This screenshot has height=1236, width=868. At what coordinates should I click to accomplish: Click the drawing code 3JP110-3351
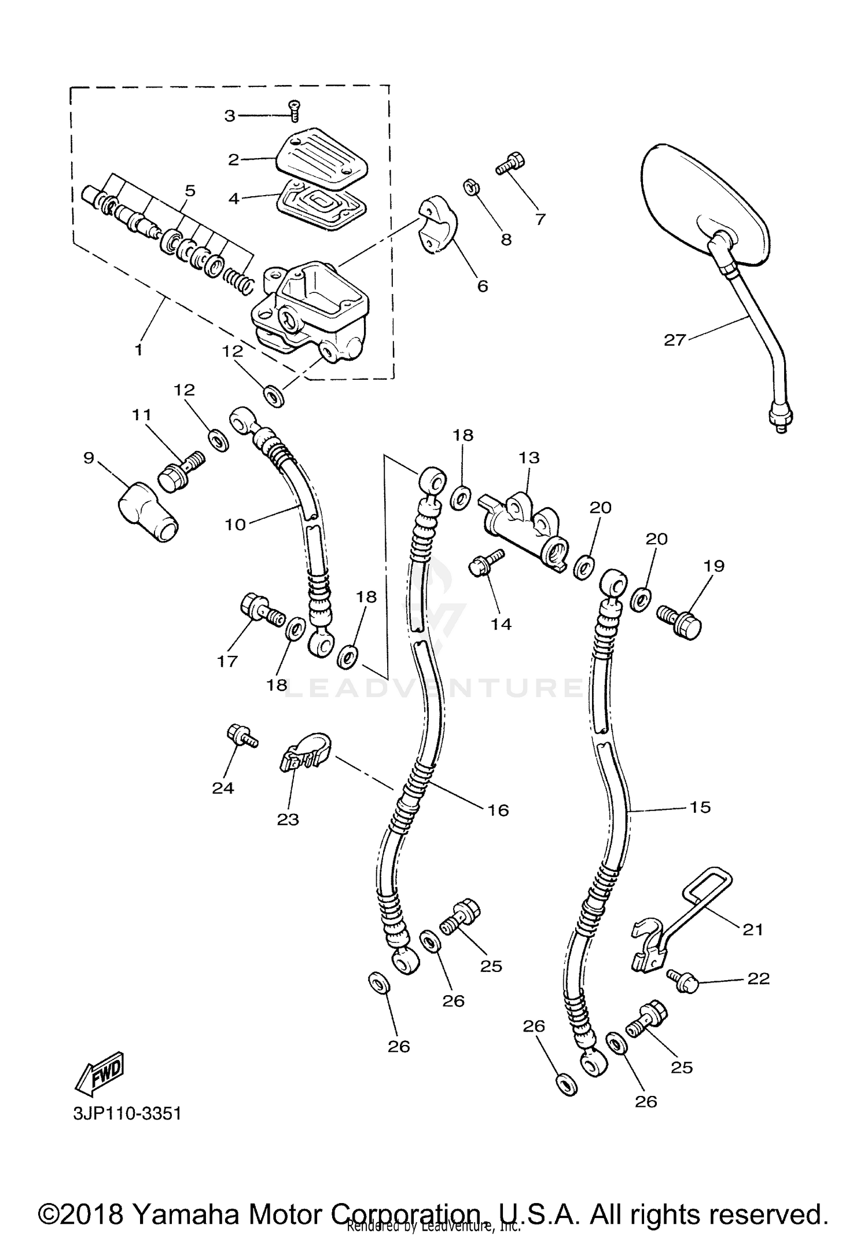127,1113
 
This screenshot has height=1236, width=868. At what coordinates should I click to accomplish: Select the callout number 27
674,340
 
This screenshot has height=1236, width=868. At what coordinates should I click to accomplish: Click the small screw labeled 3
295,110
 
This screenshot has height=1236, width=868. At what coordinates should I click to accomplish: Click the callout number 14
501,624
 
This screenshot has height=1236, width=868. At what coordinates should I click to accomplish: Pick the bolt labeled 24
241,737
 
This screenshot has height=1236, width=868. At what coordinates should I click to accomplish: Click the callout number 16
498,809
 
